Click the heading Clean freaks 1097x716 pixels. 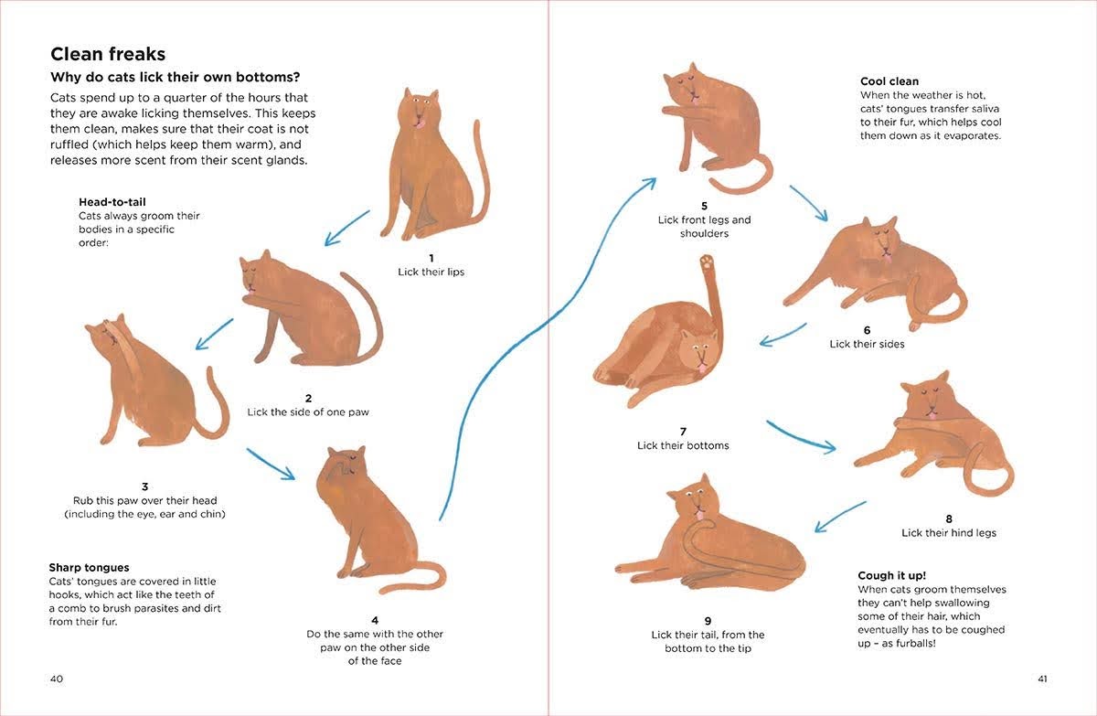point(108,54)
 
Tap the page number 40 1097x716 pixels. point(57,679)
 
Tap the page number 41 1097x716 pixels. point(1042,679)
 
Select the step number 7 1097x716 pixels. point(683,432)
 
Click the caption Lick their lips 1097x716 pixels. point(431,272)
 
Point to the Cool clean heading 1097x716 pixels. point(889,81)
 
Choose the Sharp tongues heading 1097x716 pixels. point(89,568)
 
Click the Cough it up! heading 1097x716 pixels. point(892,575)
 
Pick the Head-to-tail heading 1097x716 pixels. point(112,202)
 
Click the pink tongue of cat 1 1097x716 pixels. point(420,124)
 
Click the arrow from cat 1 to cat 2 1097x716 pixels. point(346,229)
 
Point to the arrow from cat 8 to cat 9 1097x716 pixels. point(840,517)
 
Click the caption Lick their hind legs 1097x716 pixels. point(949,533)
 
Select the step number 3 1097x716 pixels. point(145,486)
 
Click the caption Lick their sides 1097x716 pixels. point(867,344)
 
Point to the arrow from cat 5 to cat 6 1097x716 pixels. point(808,203)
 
